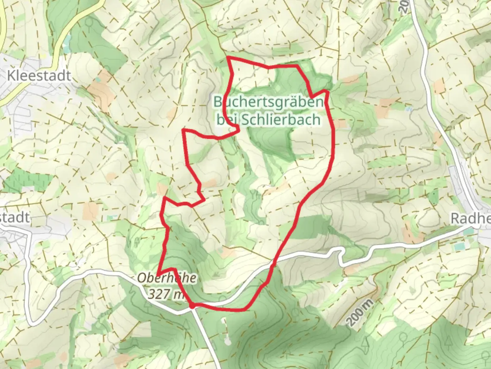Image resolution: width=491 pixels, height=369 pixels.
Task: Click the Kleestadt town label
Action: click(39, 76)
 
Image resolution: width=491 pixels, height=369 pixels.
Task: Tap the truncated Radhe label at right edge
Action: click(471, 219)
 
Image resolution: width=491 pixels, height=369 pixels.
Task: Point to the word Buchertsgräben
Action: click(268, 102)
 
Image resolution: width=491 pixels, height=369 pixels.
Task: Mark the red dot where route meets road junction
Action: click(193, 306)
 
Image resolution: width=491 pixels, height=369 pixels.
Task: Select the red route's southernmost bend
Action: click(244, 310)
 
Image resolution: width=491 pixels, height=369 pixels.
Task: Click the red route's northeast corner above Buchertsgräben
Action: click(298, 66)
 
